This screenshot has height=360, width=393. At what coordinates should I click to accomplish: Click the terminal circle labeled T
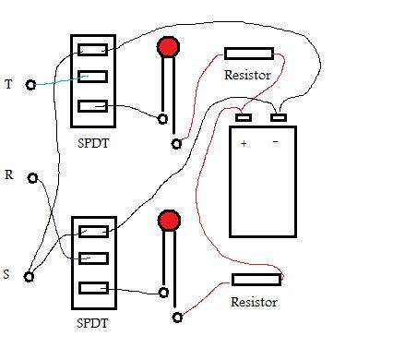click(x=30, y=85)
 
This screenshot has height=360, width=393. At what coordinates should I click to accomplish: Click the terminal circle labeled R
click(x=32, y=178)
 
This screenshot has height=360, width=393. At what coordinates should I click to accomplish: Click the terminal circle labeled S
click(x=29, y=277)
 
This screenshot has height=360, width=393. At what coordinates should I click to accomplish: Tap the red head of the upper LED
click(x=168, y=47)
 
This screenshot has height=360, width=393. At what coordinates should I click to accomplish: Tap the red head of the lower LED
click(x=169, y=221)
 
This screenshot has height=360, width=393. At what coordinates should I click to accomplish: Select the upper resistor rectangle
click(x=249, y=54)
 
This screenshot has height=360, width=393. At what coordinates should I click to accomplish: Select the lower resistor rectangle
click(x=256, y=280)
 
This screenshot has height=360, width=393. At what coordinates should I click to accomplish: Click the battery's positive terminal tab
click(x=244, y=117)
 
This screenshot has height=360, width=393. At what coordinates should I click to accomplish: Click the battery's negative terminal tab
click(x=279, y=117)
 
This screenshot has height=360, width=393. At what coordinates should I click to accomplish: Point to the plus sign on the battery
click(x=244, y=143)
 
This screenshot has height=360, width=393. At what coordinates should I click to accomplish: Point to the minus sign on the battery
click(x=276, y=141)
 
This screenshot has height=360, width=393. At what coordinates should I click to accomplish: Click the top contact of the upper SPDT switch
click(x=92, y=50)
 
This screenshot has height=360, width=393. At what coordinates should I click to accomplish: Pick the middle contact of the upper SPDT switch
click(x=92, y=77)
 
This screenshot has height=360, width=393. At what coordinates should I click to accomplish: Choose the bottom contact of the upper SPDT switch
click(x=92, y=106)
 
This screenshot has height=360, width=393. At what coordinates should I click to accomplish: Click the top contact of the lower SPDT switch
click(x=94, y=232)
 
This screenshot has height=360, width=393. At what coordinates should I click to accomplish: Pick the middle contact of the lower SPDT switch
click(x=94, y=258)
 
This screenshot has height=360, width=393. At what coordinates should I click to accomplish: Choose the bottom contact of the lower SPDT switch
click(x=94, y=288)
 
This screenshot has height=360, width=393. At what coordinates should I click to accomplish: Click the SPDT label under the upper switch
click(x=93, y=143)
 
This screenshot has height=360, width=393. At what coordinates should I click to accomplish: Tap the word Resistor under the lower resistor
click(x=254, y=302)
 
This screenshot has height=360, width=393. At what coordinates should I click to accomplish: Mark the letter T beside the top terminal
click(x=9, y=84)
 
